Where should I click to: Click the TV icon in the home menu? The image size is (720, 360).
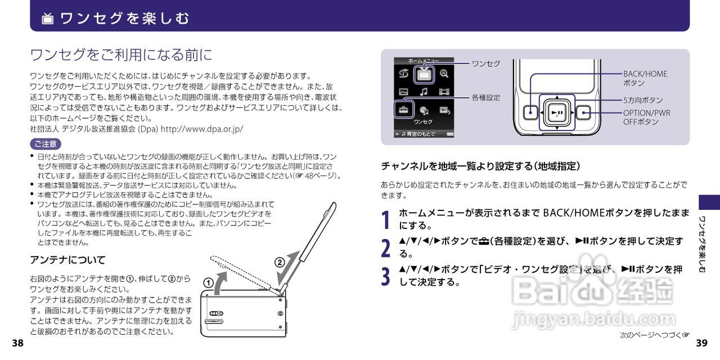424,74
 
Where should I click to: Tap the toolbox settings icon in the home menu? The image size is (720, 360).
403,110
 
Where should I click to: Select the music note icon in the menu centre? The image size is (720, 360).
424,92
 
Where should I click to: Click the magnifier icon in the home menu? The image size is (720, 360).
444,74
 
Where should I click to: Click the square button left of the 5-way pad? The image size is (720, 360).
531,112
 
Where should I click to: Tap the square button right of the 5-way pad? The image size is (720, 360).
583,112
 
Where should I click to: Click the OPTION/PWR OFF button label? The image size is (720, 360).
646,117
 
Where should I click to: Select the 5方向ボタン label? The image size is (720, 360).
643,100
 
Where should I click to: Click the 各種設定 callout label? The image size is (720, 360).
486,98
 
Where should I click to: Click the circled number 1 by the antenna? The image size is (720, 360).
208,283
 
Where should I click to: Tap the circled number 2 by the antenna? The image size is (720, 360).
280,262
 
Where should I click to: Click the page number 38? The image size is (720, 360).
17,344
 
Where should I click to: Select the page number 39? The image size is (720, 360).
701,344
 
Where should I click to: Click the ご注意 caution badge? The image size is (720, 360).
45,143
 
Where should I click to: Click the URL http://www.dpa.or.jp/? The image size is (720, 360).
202,129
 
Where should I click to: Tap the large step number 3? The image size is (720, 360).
386,276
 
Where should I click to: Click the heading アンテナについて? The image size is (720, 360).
67,260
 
